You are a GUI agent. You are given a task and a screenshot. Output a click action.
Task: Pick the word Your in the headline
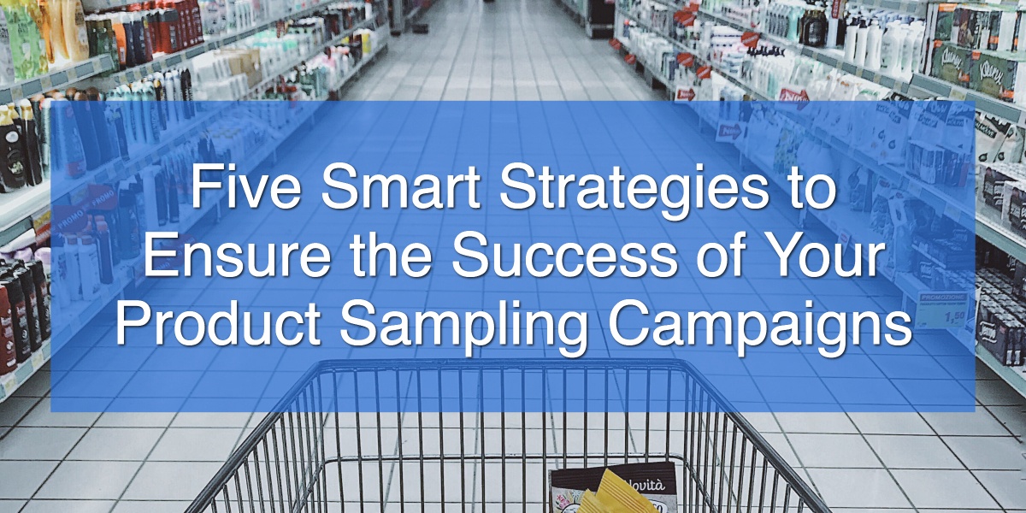tap(816, 256)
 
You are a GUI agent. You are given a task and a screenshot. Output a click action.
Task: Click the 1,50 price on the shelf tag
tap(954, 317)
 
